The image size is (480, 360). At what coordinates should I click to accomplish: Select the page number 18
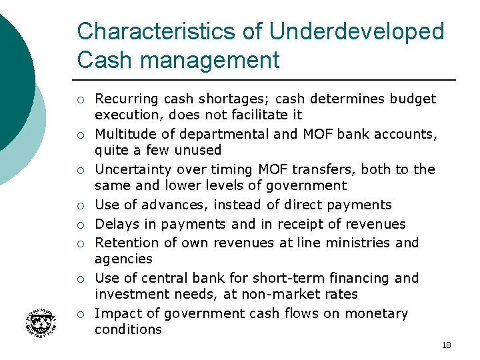(x=446, y=345)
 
